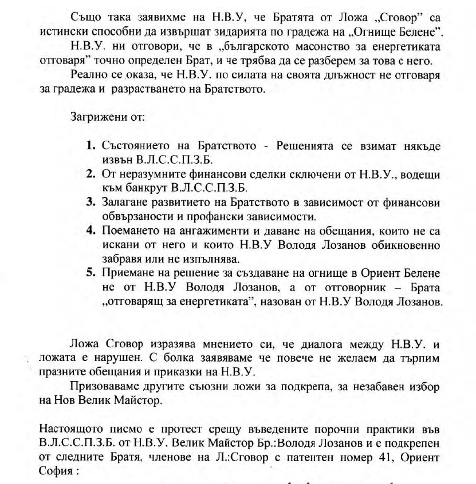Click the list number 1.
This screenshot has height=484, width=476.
[x=91, y=145]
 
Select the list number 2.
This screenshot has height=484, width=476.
[x=91, y=173]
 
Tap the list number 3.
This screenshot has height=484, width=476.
[x=91, y=201]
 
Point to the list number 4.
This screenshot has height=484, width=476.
[x=91, y=230]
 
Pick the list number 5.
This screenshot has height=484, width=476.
[x=91, y=272]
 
